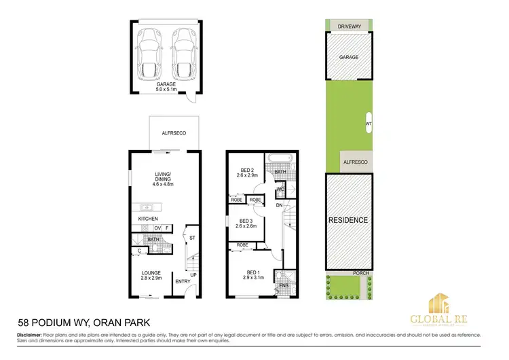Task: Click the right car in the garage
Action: pos(183,52)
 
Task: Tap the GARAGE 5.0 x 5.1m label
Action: pos(167,87)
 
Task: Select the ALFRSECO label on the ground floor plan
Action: pos(166,134)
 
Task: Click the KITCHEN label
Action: pos(148,219)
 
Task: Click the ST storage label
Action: pos(192,238)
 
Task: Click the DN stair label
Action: pos(280,204)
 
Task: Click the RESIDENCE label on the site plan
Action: pos(348,220)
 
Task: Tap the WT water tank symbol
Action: pos(369,124)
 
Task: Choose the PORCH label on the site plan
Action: pos(361,273)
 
